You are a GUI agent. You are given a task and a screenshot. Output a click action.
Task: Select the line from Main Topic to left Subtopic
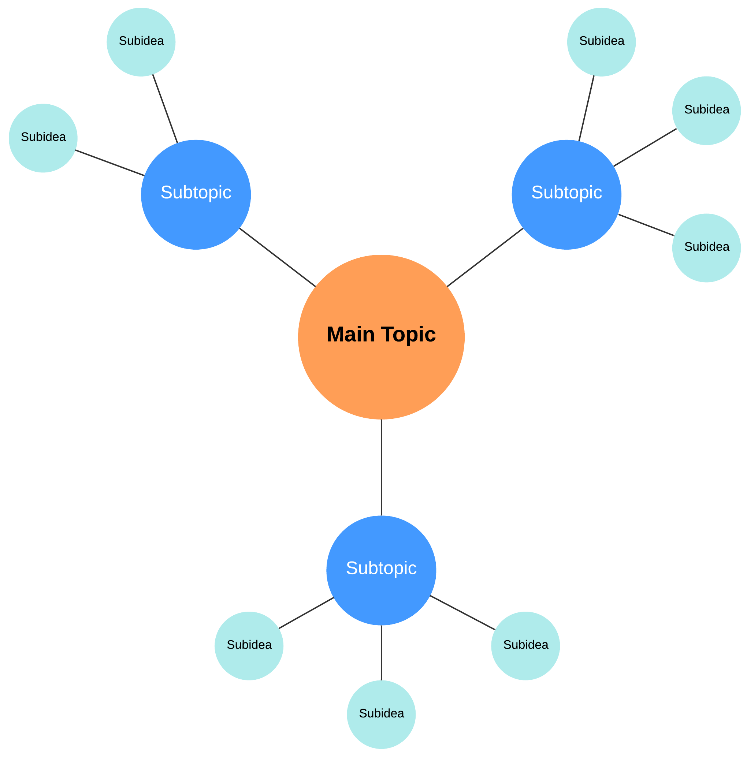(278, 257)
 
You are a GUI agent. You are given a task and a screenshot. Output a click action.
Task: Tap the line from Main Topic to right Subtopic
(485, 257)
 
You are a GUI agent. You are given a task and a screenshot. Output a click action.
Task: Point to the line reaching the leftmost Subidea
(110, 163)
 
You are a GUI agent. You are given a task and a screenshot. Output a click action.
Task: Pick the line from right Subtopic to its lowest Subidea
(646, 225)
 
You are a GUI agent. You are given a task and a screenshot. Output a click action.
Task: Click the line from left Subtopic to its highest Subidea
(165, 109)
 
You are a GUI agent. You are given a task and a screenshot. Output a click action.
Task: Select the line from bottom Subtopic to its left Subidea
(306, 613)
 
